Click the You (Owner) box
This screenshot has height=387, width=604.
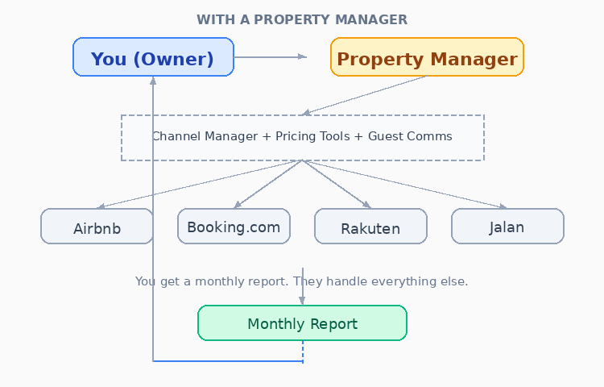pyautogui.click(x=153, y=57)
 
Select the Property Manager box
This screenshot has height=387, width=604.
pyautogui.click(x=427, y=57)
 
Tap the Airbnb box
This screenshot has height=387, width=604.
pyautogui.click(x=97, y=227)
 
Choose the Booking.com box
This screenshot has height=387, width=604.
pyautogui.click(x=234, y=226)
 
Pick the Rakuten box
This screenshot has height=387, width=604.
pyautogui.click(x=370, y=227)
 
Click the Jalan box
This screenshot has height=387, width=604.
pyautogui.click(x=507, y=226)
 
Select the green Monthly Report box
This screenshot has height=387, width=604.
pyautogui.click(x=302, y=323)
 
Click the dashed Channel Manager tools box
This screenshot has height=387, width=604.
pyautogui.click(x=302, y=137)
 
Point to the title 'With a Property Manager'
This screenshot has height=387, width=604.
pyautogui.click(x=302, y=19)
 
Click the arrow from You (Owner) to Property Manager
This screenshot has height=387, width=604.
pyautogui.click(x=270, y=56)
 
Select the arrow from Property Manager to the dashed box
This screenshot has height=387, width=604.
pyautogui.click(x=362, y=96)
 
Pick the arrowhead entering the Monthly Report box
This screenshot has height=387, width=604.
pyautogui.click(x=303, y=300)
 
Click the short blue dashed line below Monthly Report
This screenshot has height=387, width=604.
pyautogui.click(x=303, y=352)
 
